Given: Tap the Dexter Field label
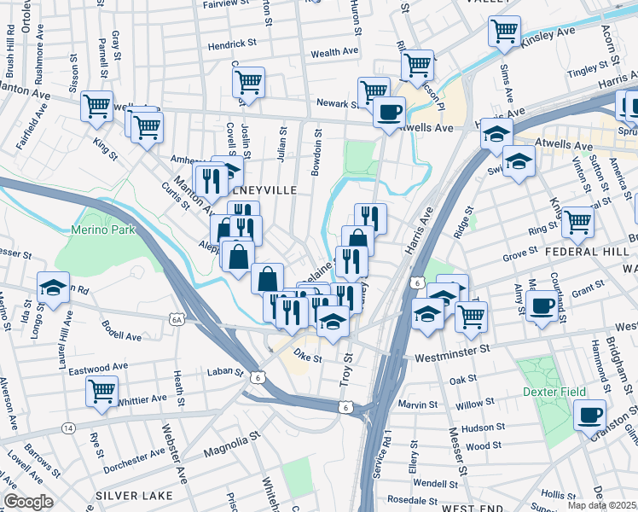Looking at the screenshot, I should (554, 392).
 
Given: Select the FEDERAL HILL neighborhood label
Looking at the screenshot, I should (594, 253).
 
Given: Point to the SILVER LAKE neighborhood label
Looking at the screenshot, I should (134, 496).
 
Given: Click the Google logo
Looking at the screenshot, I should (28, 502).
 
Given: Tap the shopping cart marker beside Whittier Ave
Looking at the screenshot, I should (102, 392).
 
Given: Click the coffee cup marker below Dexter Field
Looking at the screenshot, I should (589, 416).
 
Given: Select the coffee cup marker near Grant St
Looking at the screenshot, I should (542, 305).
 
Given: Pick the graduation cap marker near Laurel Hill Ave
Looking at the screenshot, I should (54, 288).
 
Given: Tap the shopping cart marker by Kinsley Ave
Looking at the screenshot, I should (504, 31).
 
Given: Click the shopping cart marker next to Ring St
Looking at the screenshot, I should (577, 222).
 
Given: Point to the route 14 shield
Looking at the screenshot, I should (68, 428).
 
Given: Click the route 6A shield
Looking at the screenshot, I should (177, 319).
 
